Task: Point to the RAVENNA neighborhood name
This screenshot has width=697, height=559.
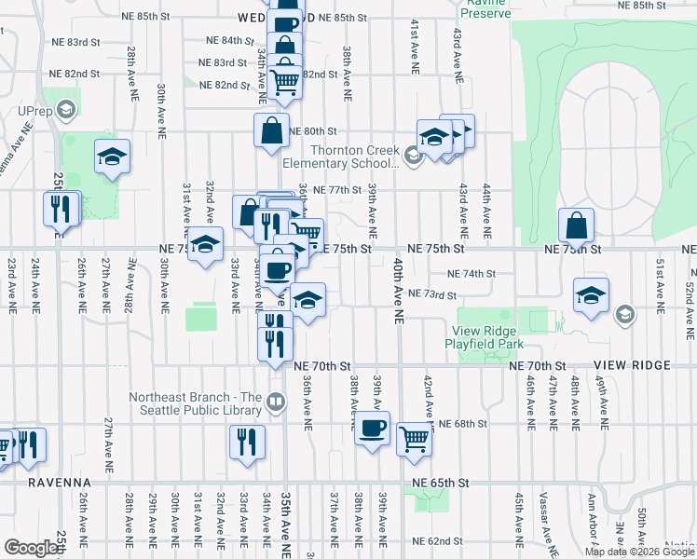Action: (46, 483)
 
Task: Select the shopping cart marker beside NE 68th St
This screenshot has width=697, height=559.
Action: (415, 439)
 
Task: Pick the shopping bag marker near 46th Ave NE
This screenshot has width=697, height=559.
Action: (577, 226)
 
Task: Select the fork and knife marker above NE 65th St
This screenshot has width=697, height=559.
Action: (247, 443)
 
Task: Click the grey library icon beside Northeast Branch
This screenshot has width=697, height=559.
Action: (276, 402)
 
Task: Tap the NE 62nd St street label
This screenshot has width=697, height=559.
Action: (437, 540)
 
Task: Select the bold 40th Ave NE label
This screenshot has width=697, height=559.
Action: (398, 291)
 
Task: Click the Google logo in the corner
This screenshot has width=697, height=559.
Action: (31, 548)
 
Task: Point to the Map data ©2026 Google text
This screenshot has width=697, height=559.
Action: (638, 552)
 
